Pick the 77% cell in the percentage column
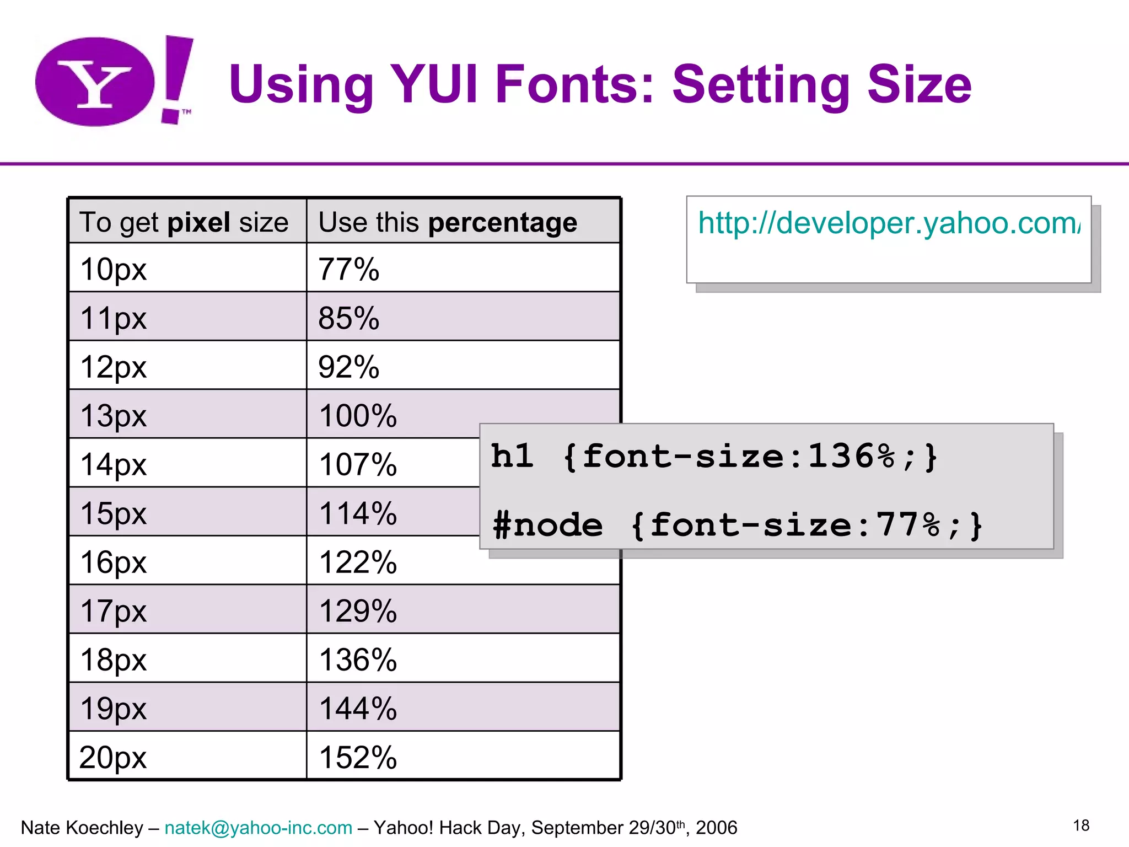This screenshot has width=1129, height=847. point(349,269)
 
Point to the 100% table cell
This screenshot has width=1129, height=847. point(358,415)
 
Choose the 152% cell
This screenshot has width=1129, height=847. point(358,757)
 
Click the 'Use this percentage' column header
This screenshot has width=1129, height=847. point(448,222)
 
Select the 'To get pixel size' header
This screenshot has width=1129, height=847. point(184,222)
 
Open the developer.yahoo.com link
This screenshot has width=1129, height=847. point(889,223)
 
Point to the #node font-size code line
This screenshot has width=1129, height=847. point(738,524)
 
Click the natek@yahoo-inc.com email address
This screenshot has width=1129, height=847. point(259,828)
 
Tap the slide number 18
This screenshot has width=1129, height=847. point(1081,825)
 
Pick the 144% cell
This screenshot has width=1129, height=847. point(358,709)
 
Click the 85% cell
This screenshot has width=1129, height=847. point(349,318)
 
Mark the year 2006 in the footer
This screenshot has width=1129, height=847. point(716,828)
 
